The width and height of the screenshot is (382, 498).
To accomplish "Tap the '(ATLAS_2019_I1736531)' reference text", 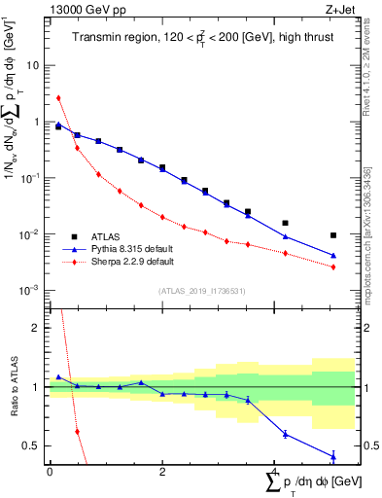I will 201,290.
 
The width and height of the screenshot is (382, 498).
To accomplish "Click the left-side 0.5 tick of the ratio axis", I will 31,445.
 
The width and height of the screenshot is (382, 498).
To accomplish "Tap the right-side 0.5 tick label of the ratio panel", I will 368,445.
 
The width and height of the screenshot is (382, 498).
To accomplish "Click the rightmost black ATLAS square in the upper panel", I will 333,235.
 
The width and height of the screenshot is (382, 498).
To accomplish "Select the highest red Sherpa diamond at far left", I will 58,97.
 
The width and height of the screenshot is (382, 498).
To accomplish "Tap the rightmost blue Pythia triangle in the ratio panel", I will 333,456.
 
